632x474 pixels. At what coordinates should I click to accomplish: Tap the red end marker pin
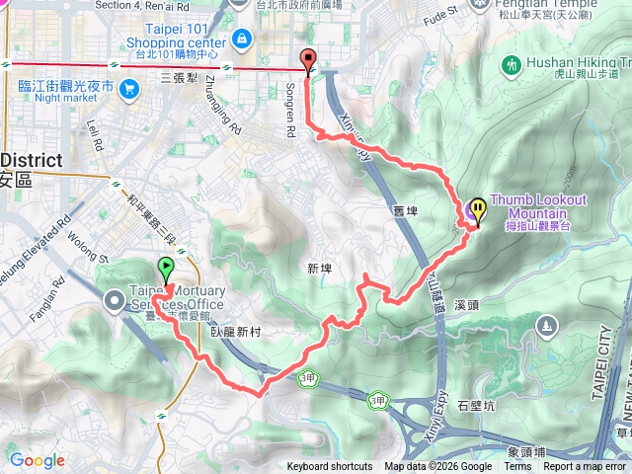308,60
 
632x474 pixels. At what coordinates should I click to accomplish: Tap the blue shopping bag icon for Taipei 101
242,39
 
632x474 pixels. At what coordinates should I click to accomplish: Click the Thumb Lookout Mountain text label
537,207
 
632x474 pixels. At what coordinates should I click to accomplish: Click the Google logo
37,460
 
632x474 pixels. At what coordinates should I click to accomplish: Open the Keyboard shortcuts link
330,467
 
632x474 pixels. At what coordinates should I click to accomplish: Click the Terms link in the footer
517,467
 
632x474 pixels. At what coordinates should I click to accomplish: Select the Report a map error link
584,467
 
